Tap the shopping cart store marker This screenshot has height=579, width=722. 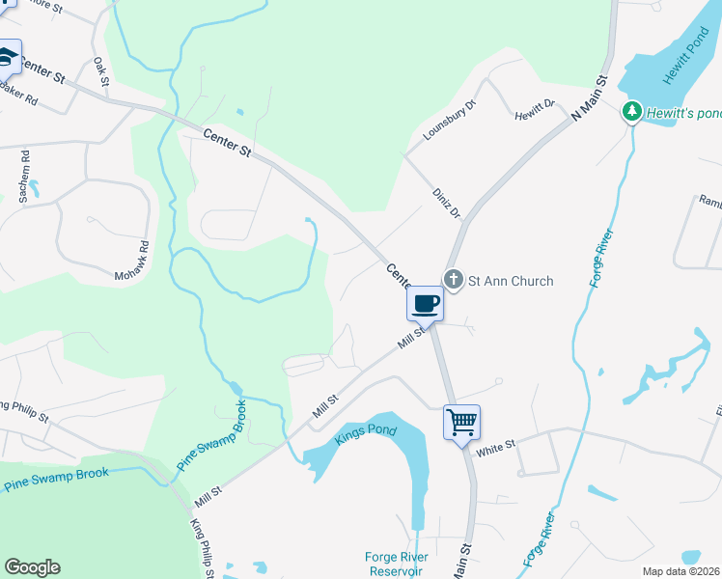[x=461, y=422]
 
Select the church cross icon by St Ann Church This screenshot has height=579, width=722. [x=454, y=281]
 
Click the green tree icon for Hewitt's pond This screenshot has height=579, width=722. [x=631, y=113]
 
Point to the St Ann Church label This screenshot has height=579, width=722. [x=511, y=282]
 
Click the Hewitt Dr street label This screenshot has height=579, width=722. [x=536, y=108]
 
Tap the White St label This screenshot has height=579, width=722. [x=497, y=449]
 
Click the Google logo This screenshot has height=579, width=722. [x=32, y=567]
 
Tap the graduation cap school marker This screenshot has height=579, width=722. [x=9, y=57]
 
